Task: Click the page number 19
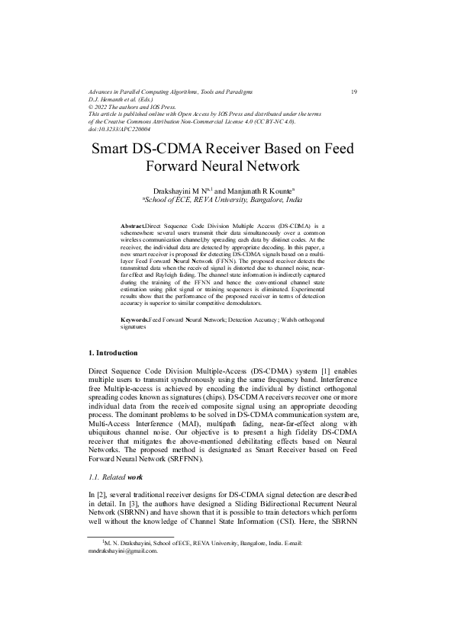pyautogui.click(x=354, y=91)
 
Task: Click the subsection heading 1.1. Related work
pyautogui.click(x=117, y=477)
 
